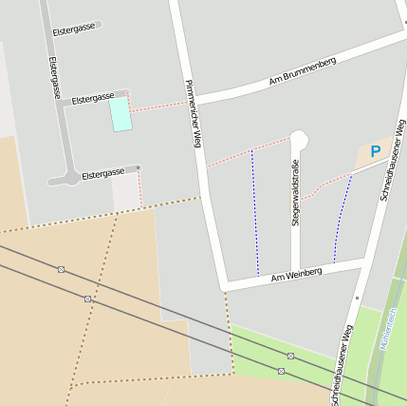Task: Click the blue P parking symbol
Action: [375, 151]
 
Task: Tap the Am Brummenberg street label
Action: [303, 72]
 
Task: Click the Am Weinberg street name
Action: [297, 274]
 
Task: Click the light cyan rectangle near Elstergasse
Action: [120, 114]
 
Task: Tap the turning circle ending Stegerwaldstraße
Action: [299, 140]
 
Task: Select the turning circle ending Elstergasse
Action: [71, 177]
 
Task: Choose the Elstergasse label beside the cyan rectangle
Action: [92, 98]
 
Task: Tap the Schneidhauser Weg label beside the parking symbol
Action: [391, 164]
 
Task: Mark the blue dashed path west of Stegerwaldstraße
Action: [254, 214]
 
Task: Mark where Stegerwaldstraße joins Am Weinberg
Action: [296, 269]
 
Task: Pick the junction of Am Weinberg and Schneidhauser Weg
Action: [364, 258]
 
